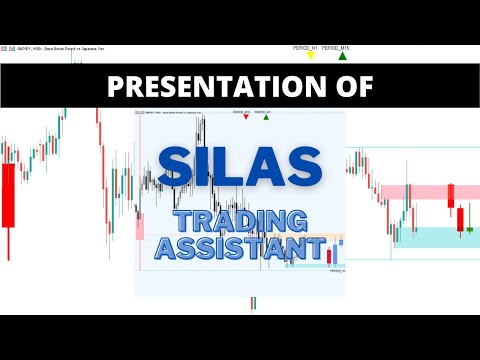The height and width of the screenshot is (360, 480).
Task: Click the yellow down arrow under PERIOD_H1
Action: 310,56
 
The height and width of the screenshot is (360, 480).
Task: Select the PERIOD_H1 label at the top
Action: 305,48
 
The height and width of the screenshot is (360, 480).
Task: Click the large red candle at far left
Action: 9,196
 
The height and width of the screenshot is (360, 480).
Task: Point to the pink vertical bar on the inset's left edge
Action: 140,225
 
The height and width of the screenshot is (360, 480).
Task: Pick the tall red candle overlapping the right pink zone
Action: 450,195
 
